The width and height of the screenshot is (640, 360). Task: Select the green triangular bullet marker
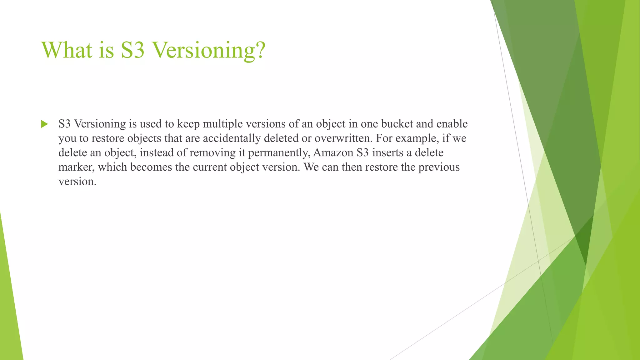click(44, 124)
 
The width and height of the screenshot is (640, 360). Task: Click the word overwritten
click(343, 138)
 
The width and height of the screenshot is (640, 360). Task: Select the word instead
click(152, 153)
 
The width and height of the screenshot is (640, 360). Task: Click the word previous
click(439, 167)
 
